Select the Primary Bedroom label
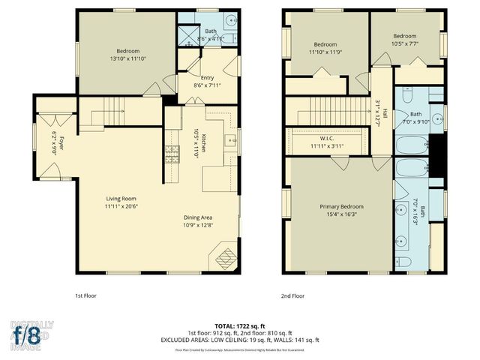coord(341,206)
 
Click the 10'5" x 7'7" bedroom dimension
coord(405,43)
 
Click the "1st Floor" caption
coord(85,295)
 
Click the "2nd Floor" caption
coord(292,295)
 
